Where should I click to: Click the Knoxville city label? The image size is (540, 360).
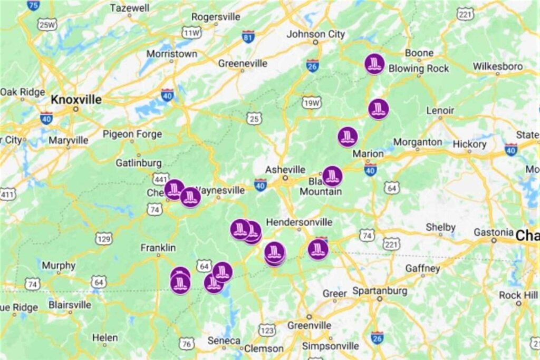[x=76, y=100]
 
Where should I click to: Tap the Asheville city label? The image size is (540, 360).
[x=285, y=170]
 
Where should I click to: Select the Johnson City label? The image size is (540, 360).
[x=315, y=34]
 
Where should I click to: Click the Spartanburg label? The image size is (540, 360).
[x=380, y=291]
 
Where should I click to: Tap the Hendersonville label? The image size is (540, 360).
[x=299, y=222]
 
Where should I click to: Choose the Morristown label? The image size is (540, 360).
[x=172, y=54]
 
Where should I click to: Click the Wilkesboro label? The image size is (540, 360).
[x=497, y=66]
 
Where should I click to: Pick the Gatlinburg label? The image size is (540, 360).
[x=138, y=162]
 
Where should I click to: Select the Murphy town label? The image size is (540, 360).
[x=59, y=265]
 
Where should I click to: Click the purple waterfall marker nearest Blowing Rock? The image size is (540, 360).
[x=375, y=64]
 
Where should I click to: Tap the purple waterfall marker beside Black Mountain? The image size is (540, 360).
[x=332, y=176]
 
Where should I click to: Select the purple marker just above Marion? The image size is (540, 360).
[x=348, y=137]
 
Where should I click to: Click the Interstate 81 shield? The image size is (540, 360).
[x=248, y=36]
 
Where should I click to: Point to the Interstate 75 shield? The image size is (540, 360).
[x=33, y=5]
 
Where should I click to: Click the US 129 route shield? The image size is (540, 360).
[x=104, y=239]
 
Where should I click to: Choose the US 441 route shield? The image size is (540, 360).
[x=161, y=179]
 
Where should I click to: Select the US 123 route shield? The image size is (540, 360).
[x=267, y=330]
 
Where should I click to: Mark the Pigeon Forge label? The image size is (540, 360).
[x=132, y=134]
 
